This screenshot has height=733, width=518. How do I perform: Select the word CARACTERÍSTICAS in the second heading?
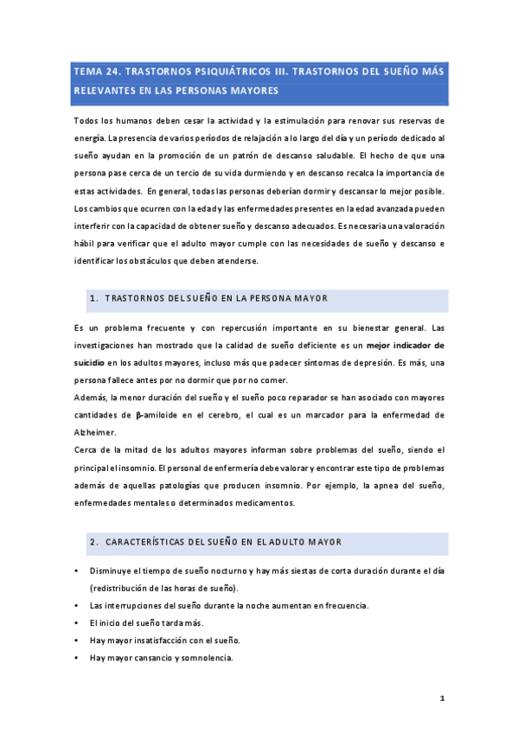coord(150,542)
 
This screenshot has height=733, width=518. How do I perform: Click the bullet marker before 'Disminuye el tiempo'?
coord(77,572)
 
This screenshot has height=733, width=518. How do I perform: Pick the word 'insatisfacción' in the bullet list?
coord(160,641)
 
